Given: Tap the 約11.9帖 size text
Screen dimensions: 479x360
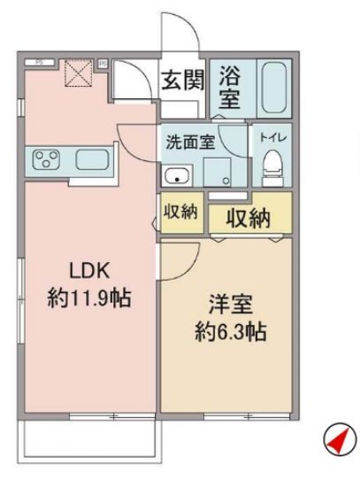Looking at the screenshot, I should point(88,298).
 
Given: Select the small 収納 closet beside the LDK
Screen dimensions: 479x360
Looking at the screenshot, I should point(180,215).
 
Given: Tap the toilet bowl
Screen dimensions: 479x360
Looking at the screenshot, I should point(272,164).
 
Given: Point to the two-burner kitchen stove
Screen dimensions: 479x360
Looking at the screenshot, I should point(45,160).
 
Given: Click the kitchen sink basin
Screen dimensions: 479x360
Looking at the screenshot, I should point(92,160).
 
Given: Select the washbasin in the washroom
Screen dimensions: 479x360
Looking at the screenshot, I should point(180,172).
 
